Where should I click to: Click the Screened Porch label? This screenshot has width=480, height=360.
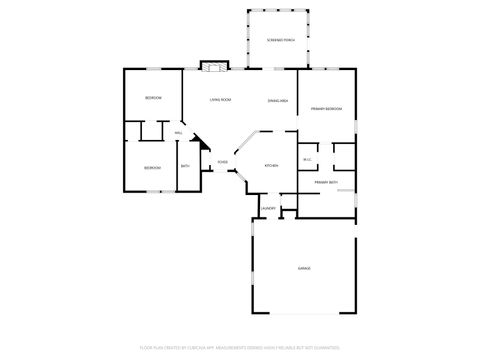(281, 40)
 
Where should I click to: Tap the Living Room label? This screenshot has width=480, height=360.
(220, 100)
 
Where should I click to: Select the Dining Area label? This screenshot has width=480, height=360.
(279, 101)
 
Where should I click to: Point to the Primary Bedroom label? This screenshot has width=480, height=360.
(326, 107)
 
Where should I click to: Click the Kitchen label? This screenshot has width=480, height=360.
(270, 165)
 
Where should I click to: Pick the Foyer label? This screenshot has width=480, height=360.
(222, 161)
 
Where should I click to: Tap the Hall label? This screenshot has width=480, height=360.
(178, 133)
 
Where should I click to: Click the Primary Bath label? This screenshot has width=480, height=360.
(326, 183)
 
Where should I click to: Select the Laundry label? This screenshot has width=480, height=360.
(267, 208)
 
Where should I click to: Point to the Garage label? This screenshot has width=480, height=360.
(303, 269)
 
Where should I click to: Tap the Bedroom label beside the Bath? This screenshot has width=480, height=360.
(151, 167)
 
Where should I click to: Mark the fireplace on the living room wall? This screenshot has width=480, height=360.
(212, 66)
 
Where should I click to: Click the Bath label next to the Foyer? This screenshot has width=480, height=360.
(185, 166)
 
